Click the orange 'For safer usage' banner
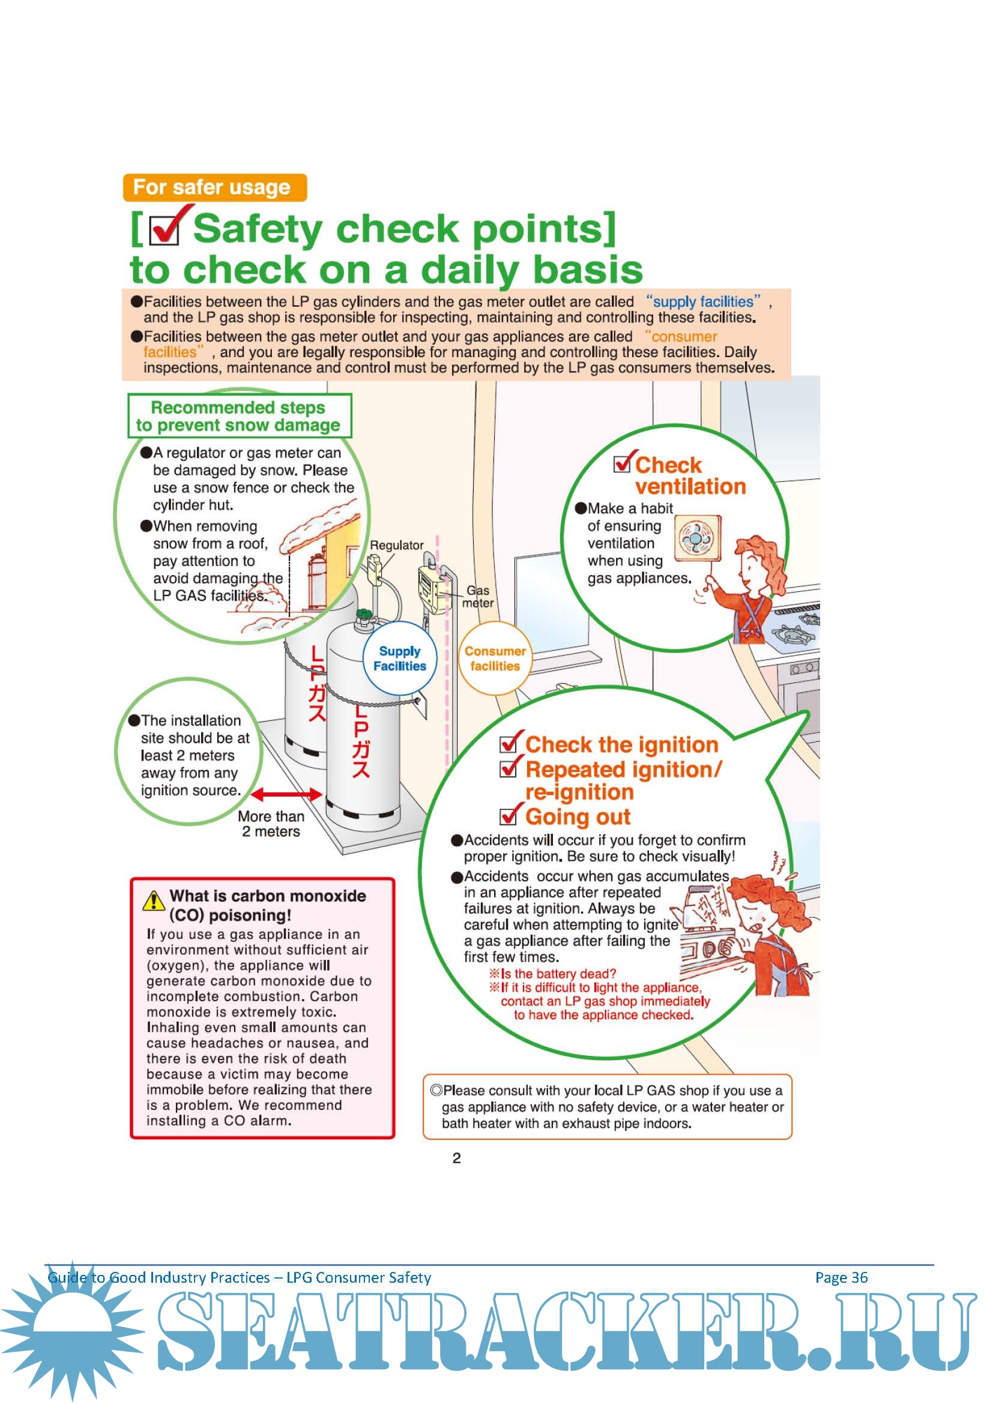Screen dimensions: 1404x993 point(214,187)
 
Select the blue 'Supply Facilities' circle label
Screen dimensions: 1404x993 point(400,658)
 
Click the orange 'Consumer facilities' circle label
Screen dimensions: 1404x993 point(495,658)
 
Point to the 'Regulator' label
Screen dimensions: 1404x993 point(396,545)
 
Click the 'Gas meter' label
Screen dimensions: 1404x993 point(477,596)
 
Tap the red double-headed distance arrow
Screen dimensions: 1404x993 point(286,794)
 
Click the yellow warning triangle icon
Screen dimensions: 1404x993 point(154,900)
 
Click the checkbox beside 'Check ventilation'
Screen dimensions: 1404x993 point(623,464)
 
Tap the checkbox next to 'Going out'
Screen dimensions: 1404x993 point(509,816)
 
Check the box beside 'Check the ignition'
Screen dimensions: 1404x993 point(509,744)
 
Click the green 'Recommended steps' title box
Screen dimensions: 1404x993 point(239,416)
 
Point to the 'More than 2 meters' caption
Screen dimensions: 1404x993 point(271,824)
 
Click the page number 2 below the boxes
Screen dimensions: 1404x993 point(456,1157)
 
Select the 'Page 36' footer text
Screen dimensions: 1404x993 point(841,1277)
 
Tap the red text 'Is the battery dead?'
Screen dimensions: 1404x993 point(558,974)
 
